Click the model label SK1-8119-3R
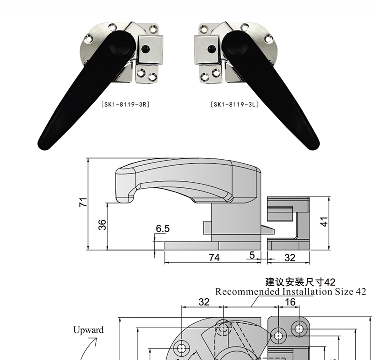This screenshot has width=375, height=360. coord(125,105)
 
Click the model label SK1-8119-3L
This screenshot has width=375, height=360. coord(235,105)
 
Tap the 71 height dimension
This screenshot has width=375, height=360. coord(83,202)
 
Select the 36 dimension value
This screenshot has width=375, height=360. coord(102,225)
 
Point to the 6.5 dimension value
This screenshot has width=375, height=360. coord(163,229)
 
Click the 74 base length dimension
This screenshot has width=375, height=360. coord(214,257)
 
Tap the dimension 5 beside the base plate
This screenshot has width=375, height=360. coord(252,255)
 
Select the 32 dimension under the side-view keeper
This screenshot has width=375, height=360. coord(289,257)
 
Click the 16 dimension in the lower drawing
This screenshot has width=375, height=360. coord(290,302)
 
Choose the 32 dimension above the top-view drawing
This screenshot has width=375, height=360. coord(204,302)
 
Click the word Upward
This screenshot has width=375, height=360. coord(88,330)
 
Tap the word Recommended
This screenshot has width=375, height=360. coord(247,292)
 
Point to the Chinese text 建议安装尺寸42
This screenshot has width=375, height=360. coord(300,282)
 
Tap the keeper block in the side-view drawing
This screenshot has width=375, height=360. coord(289,222)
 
